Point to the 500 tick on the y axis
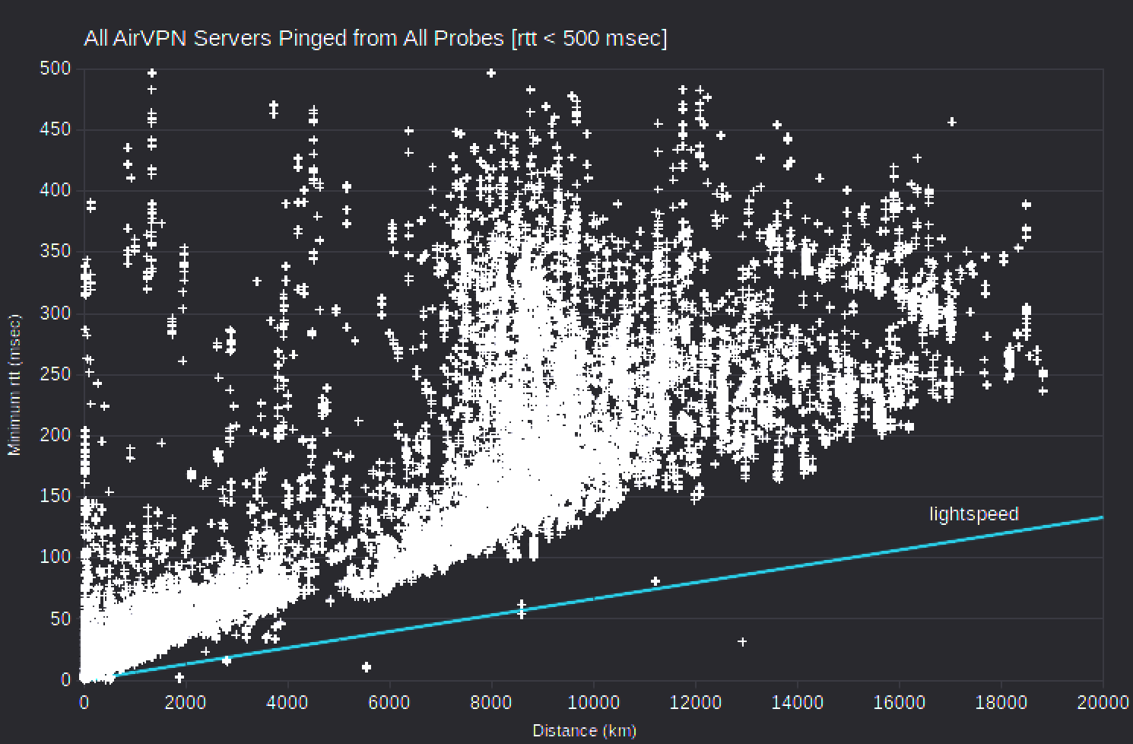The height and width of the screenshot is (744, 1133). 55,68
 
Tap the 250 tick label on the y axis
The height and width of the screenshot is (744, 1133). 55,374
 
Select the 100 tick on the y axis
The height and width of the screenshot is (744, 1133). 55,557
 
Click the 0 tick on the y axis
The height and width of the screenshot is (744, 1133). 65,680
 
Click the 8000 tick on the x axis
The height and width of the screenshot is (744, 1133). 491,702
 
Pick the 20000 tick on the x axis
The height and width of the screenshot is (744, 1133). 1102,702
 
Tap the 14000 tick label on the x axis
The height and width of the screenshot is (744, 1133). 796,702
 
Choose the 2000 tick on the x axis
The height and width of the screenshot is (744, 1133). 185,702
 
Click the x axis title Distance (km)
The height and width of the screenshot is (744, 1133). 584,731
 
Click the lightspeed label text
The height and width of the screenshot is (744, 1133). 973,514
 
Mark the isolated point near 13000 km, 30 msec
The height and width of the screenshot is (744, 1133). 742,642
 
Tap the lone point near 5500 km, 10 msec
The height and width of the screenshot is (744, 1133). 367,667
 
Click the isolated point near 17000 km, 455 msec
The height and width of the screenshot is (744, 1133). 951,122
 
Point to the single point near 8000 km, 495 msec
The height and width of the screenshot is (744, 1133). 491,73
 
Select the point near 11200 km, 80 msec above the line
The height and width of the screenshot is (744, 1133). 655,581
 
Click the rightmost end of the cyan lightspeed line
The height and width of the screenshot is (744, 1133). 1102,517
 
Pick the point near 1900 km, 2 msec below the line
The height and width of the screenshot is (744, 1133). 179,677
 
